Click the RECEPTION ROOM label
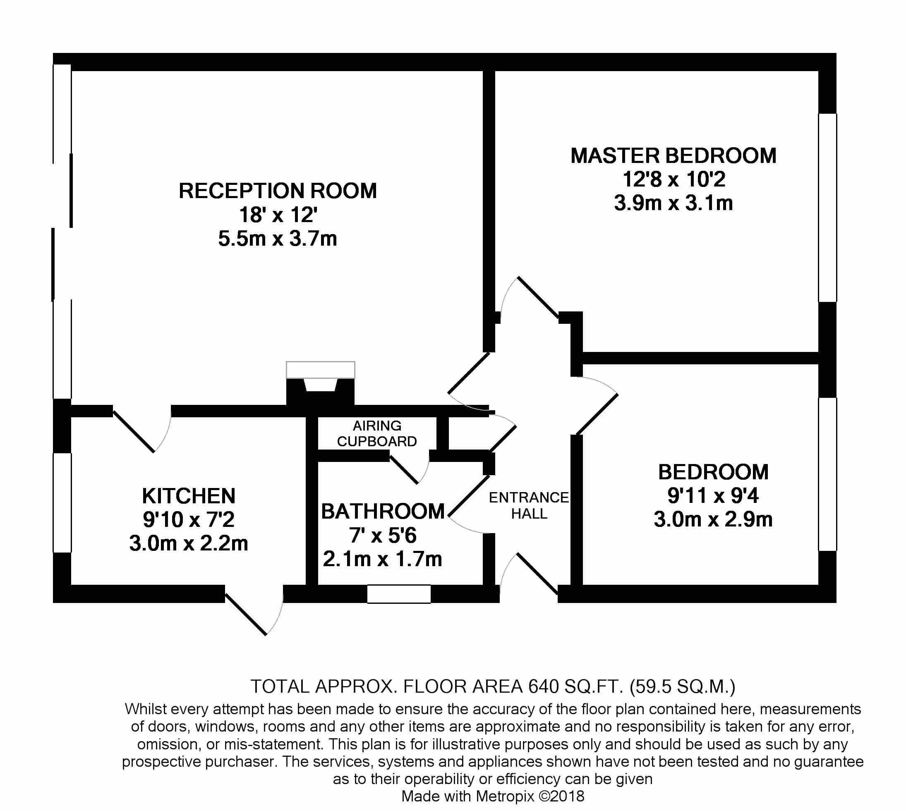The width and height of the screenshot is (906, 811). pos(278,191)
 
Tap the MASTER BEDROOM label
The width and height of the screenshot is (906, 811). pos(674,156)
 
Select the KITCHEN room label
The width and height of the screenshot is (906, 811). pos(189,496)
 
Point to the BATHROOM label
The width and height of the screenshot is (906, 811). pos(383,512)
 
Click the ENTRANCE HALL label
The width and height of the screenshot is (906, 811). pos(529,505)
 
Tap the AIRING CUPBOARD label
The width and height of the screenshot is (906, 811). pos(377,433)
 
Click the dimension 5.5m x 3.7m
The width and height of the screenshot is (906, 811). pos(278,239)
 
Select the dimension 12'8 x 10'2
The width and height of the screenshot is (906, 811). pos(674,179)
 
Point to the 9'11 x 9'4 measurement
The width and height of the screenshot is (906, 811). pos(713,495)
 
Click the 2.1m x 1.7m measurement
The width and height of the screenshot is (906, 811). pos(382,559)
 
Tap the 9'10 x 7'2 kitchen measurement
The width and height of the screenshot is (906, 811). pos(189,519)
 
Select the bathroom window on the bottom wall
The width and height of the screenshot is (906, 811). pos(399,594)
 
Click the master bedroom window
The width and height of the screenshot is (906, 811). pos(827,208)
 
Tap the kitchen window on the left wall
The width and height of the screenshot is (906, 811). pos(62,502)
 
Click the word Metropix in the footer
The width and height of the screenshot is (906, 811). pos(504,796)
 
